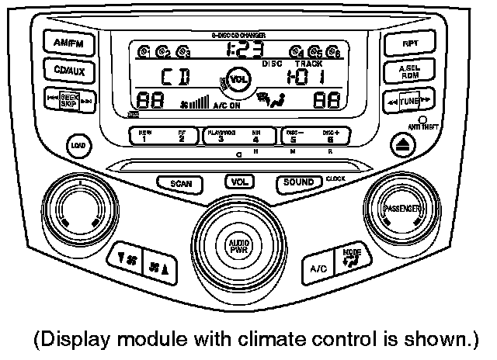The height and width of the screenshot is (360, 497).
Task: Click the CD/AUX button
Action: [69, 71]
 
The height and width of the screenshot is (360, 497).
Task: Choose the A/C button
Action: [319, 268]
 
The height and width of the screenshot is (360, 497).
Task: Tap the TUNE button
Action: [410, 101]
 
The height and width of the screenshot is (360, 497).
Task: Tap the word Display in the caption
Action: [67, 339]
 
